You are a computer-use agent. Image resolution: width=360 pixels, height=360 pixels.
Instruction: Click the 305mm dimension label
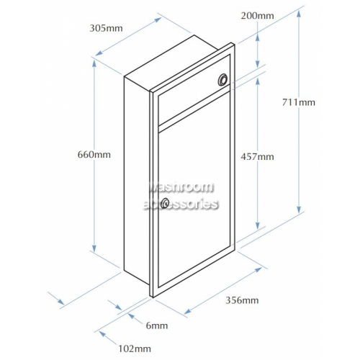click(x=106, y=28)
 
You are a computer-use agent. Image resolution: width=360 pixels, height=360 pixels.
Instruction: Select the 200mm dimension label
click(x=257, y=16)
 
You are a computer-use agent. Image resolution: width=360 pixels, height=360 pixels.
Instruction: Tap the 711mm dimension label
click(x=298, y=102)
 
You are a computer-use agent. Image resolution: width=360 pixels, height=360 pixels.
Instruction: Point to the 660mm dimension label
click(x=94, y=155)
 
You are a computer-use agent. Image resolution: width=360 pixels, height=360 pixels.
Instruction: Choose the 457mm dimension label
click(x=257, y=157)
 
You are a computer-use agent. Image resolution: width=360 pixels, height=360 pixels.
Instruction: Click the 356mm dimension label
click(x=242, y=300)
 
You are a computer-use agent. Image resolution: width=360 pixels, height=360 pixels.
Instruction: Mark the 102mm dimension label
click(x=135, y=348)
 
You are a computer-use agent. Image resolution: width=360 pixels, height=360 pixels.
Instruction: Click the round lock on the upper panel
click(x=223, y=80)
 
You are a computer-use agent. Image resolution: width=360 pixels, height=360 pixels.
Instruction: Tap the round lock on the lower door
click(x=165, y=203)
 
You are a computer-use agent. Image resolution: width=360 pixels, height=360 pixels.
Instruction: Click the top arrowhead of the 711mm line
click(x=299, y=14)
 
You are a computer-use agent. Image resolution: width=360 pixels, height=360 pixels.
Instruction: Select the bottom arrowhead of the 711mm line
click(x=299, y=210)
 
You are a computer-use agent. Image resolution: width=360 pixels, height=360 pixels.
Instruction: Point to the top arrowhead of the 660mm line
click(x=94, y=63)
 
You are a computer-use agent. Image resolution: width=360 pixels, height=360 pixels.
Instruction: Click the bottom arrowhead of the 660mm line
click(x=94, y=248)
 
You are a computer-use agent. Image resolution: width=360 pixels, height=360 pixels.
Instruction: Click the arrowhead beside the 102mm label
click(x=103, y=334)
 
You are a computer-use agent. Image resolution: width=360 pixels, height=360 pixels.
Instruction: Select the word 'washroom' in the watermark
click(x=181, y=187)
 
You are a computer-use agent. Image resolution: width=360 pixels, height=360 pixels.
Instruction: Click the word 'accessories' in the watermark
click(x=181, y=204)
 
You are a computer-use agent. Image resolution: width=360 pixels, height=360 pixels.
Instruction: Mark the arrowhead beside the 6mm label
click(x=131, y=316)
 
